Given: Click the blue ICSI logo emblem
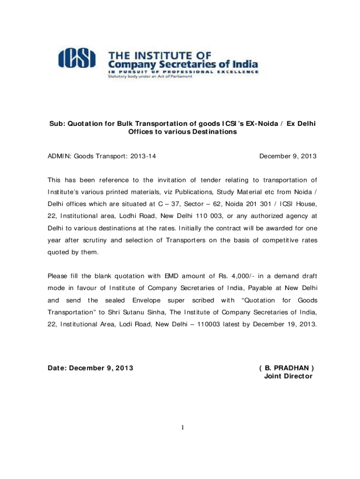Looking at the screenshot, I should pos(77,58).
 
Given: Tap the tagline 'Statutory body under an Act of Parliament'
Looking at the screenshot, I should pos(150,77).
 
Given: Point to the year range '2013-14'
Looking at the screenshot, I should pos(144,157).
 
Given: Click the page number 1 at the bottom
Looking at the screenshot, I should pos(182,427).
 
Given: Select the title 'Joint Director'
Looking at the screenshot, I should pos(288,376).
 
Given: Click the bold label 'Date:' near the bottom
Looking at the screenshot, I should pos(57,368).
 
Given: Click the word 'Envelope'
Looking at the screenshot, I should pos(147,300).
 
